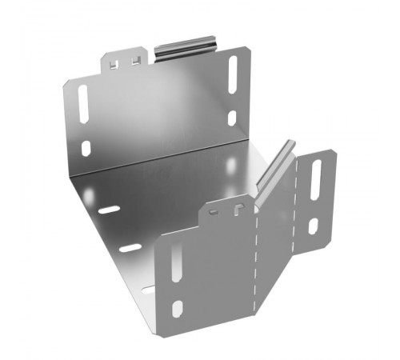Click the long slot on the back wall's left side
pyautogui.click(x=83, y=104)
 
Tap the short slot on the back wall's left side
pyautogui.click(x=86, y=148)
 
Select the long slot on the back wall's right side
pyautogui.click(x=233, y=74)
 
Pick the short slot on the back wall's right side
pyautogui.click(x=232, y=118)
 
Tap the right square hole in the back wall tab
pyautogui.click(x=137, y=60)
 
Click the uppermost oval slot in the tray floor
pyautogui.click(x=110, y=210)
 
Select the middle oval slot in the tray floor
pyautogui.click(x=130, y=248)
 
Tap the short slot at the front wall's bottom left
pyautogui.click(x=178, y=308)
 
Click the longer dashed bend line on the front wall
pyautogui.click(x=256, y=256)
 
